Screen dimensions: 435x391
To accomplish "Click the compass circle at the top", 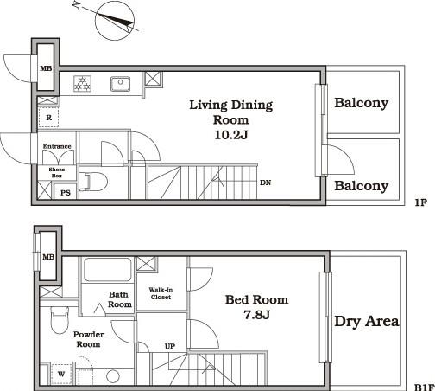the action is [96, 21].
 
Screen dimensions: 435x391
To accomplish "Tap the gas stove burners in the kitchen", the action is [83, 84].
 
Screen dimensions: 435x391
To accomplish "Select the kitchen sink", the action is [120, 84].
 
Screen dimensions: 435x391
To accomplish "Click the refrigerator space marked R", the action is [49, 118].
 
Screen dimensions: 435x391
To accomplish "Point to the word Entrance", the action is [57, 146].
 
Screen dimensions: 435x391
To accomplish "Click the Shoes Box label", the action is [57, 172].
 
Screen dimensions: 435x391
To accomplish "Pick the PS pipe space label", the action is [66, 193].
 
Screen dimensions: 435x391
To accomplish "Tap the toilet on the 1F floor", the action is [93, 182].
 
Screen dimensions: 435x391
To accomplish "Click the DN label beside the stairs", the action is [265, 183].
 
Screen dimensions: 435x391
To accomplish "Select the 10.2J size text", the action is [231, 135].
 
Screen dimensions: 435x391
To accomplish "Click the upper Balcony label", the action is [362, 103].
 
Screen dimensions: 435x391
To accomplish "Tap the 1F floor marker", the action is [420, 202].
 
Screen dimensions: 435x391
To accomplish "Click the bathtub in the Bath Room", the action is [108, 270].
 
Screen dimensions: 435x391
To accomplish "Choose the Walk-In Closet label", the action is [161, 293].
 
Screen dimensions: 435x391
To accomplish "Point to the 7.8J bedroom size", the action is [256, 315].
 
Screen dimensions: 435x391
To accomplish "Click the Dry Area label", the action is [367, 321].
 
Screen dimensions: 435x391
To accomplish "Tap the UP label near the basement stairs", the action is [170, 346].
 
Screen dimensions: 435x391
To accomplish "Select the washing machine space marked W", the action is [61, 375].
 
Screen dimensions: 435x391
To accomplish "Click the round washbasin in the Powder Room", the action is [113, 376].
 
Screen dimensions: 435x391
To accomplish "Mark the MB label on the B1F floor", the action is [48, 257].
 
